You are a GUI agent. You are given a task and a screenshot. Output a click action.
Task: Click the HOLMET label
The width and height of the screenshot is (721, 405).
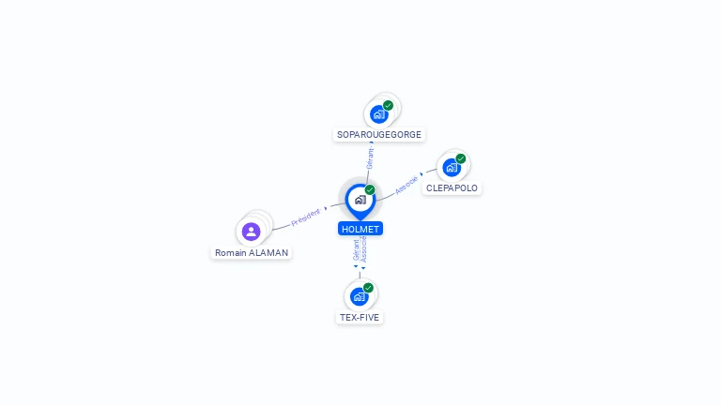click(360, 229)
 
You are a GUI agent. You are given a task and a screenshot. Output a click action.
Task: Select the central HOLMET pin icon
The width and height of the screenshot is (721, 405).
click(360, 200)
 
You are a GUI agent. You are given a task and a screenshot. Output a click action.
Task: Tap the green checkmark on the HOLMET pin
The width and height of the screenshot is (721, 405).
click(370, 189)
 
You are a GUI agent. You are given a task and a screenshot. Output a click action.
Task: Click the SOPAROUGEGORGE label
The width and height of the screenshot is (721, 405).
click(379, 135)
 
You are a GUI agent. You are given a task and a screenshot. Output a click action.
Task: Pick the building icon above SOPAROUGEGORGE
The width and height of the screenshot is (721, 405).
click(378, 114)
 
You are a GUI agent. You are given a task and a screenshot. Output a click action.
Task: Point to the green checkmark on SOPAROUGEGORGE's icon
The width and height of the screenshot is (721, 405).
click(388, 105)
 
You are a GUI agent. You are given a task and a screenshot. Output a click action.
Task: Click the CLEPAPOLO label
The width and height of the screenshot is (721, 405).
click(452, 187)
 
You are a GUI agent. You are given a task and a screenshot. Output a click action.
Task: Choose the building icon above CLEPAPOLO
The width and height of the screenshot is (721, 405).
click(452, 168)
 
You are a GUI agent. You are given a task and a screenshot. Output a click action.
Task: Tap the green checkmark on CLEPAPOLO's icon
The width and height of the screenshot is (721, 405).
click(461, 158)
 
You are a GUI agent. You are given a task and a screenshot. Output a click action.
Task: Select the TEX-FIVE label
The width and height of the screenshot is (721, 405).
click(360, 317)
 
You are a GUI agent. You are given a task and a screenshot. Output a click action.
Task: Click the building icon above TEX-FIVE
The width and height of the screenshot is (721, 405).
click(359, 296)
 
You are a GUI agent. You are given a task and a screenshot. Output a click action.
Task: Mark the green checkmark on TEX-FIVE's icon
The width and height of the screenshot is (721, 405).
click(368, 288)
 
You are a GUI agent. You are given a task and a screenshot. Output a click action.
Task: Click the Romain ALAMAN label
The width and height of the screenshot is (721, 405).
click(252, 253)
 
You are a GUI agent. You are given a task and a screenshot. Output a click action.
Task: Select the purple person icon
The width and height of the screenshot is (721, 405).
click(251, 232)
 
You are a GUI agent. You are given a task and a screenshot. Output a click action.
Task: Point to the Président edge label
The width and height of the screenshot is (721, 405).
click(305, 217)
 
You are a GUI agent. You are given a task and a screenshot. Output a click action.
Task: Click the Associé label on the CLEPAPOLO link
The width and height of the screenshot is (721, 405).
click(407, 185)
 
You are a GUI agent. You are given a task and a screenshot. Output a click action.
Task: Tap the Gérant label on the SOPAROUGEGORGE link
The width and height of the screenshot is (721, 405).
click(371, 157)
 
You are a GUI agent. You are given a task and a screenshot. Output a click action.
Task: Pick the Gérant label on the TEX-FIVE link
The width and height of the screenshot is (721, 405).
click(356, 250)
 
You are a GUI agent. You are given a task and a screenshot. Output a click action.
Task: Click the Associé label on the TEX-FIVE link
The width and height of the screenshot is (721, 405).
click(364, 248)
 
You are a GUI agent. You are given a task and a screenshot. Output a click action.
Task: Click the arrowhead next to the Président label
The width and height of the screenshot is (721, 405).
click(326, 209)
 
